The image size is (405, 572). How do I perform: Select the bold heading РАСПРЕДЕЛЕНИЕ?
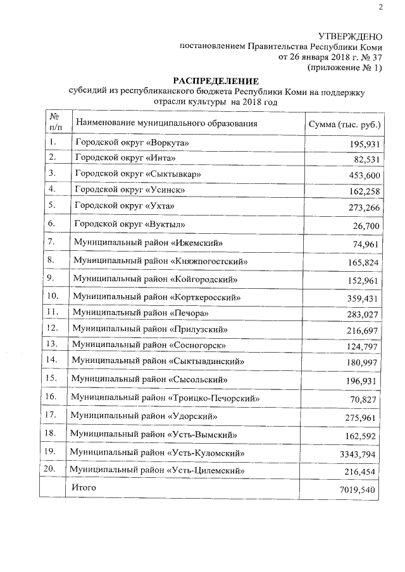point(216,82)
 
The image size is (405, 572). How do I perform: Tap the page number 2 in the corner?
point(381,8)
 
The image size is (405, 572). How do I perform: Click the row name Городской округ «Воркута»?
point(132,143)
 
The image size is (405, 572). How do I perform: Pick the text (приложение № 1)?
point(344,66)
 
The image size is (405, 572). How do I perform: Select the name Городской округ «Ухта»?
point(123,206)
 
